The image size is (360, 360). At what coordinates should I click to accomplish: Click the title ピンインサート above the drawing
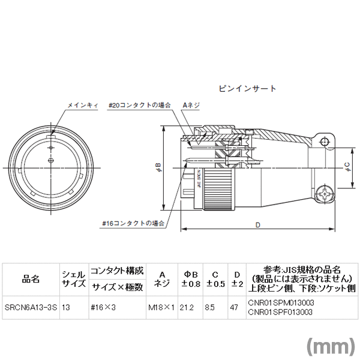coord(247,89)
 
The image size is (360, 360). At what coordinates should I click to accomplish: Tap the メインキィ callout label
coord(83,106)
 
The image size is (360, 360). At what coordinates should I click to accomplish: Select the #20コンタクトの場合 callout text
coord(140,106)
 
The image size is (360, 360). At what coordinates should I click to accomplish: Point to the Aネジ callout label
coord(191,106)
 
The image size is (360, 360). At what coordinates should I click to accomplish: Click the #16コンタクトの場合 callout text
coord(133,223)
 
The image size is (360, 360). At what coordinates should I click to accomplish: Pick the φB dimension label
coord(158,167)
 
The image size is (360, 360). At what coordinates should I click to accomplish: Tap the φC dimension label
coord(347,167)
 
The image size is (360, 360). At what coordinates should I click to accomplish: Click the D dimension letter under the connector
coord(258,225)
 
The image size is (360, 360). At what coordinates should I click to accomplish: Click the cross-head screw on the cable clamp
coord(325,194)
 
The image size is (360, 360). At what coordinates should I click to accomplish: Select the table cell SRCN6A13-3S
coord(31,307)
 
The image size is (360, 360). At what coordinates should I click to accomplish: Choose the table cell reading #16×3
coord(103,307)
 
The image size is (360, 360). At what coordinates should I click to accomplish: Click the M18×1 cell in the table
coord(161,307)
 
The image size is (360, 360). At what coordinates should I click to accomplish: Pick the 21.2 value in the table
coord(187,307)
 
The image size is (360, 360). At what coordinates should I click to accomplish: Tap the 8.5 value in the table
coord(209,307)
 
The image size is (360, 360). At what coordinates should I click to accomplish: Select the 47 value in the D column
coord(234,307)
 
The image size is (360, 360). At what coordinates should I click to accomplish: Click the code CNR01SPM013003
coord(281,303)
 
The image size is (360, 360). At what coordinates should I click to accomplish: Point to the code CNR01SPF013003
coord(280,312)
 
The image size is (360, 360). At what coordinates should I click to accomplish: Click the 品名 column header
coord(31,280)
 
